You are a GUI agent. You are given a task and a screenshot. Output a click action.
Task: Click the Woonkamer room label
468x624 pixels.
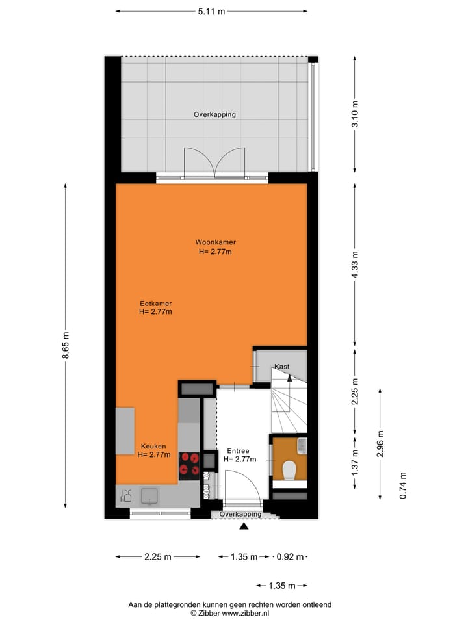[214, 242]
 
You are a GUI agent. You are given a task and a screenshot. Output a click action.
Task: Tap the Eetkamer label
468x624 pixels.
[155, 303]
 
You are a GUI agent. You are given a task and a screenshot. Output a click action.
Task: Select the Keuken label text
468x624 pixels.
[153, 447]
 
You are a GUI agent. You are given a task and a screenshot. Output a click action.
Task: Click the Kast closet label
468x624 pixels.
[282, 367]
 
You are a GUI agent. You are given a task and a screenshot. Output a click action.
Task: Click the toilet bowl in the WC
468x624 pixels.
[290, 469]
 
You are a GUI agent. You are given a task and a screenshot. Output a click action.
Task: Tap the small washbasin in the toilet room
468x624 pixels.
[301, 445]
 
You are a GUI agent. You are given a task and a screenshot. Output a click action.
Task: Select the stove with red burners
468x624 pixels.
[189, 465]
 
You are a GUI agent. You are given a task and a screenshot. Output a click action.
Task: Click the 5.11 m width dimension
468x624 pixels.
[211, 11]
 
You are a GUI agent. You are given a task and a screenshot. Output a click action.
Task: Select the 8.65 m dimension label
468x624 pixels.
[65, 345]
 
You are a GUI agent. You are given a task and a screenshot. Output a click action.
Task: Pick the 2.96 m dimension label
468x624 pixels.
[381, 444]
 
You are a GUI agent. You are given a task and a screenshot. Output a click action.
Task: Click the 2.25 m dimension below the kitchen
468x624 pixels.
[158, 557]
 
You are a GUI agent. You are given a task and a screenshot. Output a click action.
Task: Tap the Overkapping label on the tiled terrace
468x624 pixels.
[214, 114]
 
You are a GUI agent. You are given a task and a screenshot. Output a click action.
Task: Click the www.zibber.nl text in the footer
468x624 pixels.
[246, 613]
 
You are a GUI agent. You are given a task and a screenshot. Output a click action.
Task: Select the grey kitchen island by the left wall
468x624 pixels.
[125, 431]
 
